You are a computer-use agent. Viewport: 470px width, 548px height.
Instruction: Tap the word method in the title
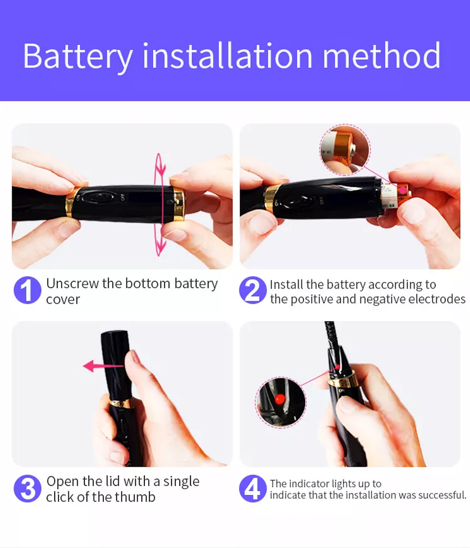[381, 55]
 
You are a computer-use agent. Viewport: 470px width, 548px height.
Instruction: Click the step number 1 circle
[28, 290]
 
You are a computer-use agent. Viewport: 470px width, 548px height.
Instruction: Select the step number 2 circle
[253, 290]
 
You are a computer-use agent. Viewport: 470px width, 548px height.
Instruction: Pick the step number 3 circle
[28, 488]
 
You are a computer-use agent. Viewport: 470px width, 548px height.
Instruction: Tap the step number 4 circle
[253, 488]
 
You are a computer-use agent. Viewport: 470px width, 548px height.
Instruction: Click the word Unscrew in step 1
[73, 284]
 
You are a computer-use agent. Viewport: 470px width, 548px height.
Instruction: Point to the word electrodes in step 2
[436, 299]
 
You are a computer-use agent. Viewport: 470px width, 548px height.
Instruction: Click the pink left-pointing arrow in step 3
[103, 366]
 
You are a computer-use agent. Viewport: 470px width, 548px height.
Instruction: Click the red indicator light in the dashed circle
[280, 399]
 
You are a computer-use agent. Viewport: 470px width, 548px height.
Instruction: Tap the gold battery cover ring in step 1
[178, 204]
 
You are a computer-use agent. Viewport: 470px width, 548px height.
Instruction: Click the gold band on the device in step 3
[121, 403]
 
